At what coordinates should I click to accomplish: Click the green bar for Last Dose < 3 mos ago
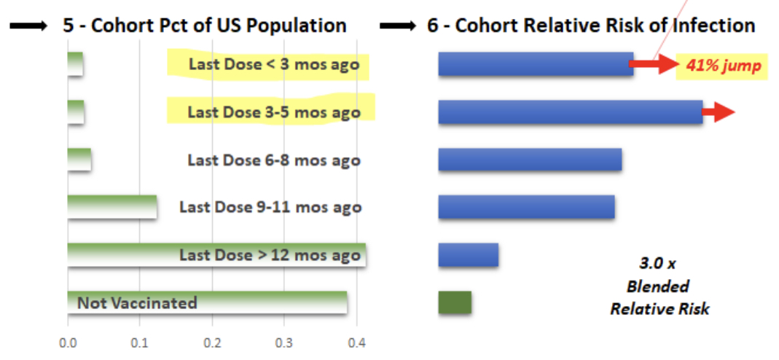click(x=76, y=64)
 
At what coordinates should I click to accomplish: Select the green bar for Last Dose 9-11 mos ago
click(x=112, y=207)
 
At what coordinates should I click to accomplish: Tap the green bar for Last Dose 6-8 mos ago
click(x=79, y=160)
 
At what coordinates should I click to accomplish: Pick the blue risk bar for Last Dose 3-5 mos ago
click(x=571, y=111)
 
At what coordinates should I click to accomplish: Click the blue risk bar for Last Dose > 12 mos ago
click(x=469, y=255)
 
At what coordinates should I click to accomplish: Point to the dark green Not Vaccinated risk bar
click(x=455, y=302)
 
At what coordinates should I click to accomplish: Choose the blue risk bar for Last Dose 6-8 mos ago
click(x=530, y=160)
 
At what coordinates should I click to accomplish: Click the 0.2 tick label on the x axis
click(x=212, y=343)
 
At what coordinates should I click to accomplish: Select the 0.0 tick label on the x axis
click(x=67, y=343)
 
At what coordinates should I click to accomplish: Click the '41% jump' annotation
click(x=724, y=66)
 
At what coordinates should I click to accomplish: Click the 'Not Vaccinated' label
click(x=137, y=302)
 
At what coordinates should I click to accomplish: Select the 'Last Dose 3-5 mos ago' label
click(x=274, y=112)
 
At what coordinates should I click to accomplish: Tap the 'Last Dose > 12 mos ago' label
click(x=270, y=255)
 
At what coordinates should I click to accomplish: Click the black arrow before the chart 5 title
click(x=28, y=26)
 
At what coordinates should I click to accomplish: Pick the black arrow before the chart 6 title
click(x=399, y=26)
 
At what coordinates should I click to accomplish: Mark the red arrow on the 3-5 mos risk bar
click(x=718, y=112)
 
